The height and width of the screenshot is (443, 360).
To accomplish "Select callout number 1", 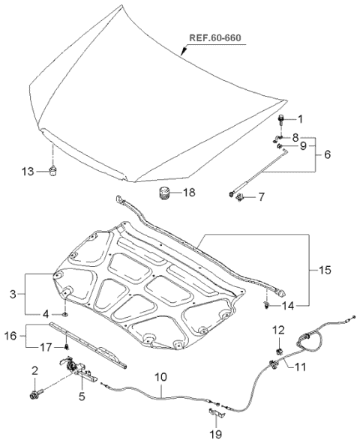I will [301, 118].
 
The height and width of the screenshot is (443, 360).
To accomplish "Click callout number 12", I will [277, 330].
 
